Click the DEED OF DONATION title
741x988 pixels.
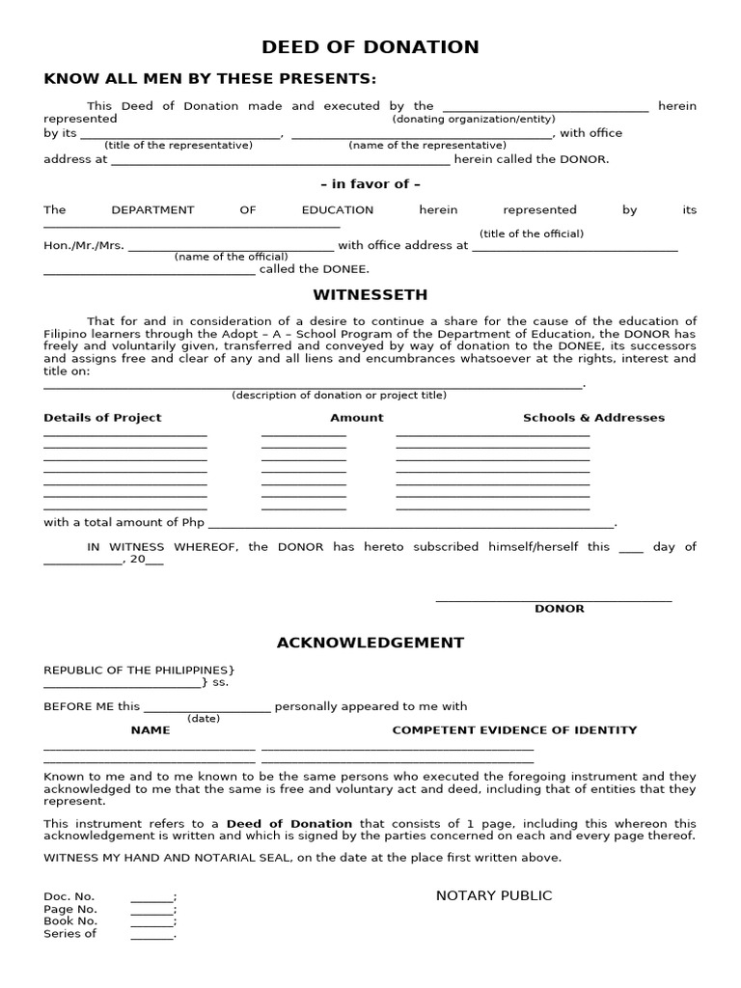tap(370, 47)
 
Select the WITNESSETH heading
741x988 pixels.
tap(370, 294)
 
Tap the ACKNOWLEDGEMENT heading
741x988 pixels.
tap(370, 643)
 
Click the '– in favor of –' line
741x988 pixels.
tap(370, 183)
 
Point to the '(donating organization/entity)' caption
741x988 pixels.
tap(473, 120)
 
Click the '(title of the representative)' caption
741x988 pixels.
tap(178, 146)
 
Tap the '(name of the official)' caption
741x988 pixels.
tap(231, 257)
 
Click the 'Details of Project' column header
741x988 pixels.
tap(102, 418)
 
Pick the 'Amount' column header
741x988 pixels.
tap(357, 418)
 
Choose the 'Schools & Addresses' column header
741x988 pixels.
tap(593, 418)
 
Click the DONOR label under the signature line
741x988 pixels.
tap(560, 609)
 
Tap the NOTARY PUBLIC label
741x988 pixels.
tap(494, 895)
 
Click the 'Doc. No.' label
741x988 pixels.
tap(69, 896)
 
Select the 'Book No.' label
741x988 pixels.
tap(70, 921)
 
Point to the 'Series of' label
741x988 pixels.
tap(69, 934)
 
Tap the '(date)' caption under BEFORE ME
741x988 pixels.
tap(204, 719)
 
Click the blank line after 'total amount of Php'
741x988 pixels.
tap(411, 525)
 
